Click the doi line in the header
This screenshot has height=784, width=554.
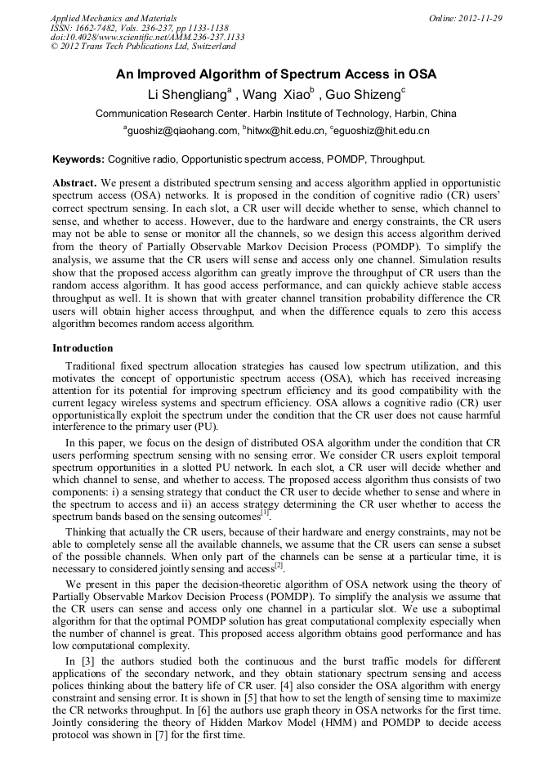click(147, 37)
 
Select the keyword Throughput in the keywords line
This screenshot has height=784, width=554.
click(395, 159)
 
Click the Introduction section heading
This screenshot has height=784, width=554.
click(83, 348)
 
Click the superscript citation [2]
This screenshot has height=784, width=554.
click(279, 565)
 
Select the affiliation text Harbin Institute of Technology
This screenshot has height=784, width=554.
click(311, 114)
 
